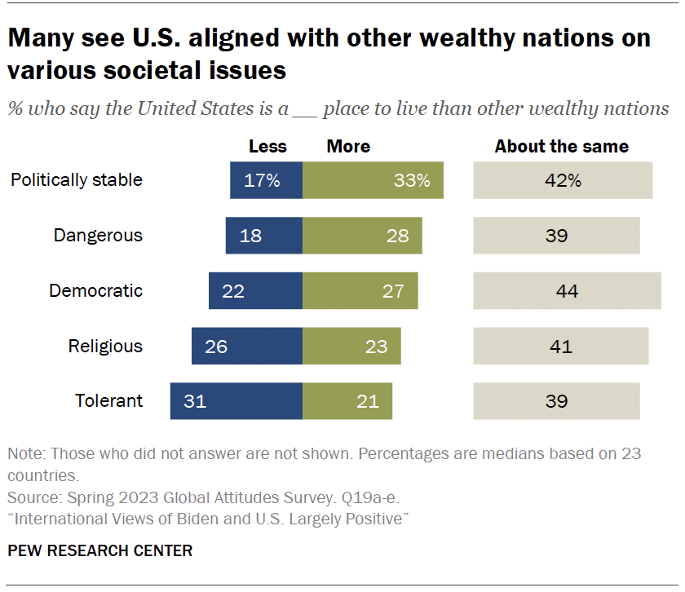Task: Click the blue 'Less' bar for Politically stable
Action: (x=266, y=180)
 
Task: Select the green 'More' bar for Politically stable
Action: (x=373, y=180)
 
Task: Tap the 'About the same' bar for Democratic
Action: (x=567, y=291)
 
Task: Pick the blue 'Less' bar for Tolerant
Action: (x=236, y=401)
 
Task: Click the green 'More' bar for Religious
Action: (x=351, y=346)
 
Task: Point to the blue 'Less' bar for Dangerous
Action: (x=263, y=236)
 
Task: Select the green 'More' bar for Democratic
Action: (x=360, y=291)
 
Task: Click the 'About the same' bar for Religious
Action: (x=561, y=346)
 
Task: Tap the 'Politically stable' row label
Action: (x=77, y=180)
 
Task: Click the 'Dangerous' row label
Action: (x=98, y=236)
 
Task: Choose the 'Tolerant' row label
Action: (x=108, y=401)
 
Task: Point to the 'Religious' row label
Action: (x=105, y=346)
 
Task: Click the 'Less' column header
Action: (x=267, y=147)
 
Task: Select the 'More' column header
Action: (x=348, y=147)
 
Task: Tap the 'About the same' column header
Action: (x=562, y=147)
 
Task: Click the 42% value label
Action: (x=563, y=180)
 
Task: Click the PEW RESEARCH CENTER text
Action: (x=100, y=551)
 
